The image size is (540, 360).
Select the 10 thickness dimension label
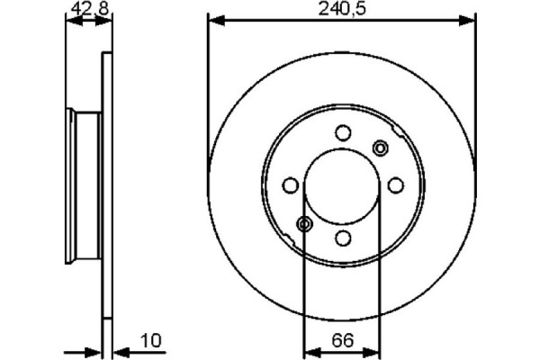(149, 341)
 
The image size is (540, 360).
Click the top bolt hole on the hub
(342, 133)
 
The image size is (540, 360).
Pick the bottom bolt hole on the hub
(342, 238)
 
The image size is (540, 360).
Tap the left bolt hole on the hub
(290, 185)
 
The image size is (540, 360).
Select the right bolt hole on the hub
(394, 185)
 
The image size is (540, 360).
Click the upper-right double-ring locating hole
(380, 148)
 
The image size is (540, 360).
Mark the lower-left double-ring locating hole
(305, 223)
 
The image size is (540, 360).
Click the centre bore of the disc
(342, 185)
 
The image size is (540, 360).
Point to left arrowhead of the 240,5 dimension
(214, 18)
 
